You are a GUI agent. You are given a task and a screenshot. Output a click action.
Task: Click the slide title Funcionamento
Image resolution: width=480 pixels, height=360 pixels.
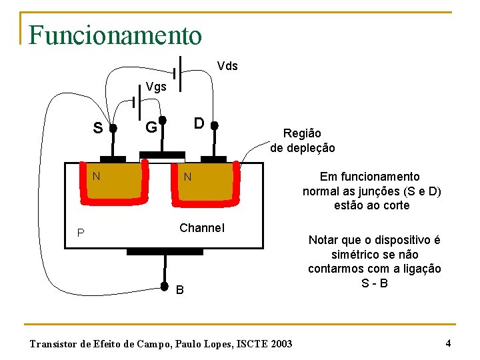tap(115, 35)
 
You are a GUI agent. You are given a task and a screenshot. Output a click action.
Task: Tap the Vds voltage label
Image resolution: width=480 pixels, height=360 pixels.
tap(227, 66)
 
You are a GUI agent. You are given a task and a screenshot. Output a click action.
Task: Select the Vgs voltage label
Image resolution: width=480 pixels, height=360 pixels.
tap(157, 87)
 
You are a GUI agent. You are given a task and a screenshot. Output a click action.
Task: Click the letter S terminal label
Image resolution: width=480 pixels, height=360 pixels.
tap(97, 127)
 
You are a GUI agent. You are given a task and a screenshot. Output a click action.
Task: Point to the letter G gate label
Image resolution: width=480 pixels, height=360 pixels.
tap(151, 127)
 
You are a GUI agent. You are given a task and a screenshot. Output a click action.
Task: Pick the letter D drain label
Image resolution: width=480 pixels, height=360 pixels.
tap(199, 123)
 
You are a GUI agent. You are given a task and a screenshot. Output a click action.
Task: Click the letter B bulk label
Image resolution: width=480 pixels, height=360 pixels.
tap(180, 289)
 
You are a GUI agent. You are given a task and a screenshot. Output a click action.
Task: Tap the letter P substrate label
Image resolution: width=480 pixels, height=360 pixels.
tap(80, 233)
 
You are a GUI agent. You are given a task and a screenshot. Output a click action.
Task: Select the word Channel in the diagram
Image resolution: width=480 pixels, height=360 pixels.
tap(202, 228)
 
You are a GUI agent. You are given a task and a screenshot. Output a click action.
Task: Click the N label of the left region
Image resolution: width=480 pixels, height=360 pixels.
tap(97, 176)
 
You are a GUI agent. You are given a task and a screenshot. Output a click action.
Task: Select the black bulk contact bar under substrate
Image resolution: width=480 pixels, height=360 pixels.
tap(165, 251)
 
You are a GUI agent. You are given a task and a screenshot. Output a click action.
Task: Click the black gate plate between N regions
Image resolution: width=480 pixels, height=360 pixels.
tap(162, 155)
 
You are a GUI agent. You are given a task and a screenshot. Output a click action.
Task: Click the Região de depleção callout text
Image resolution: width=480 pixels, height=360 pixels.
tap(302, 141)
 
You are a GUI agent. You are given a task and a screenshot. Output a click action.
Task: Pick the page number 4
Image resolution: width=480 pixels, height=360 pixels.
tap(448, 343)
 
